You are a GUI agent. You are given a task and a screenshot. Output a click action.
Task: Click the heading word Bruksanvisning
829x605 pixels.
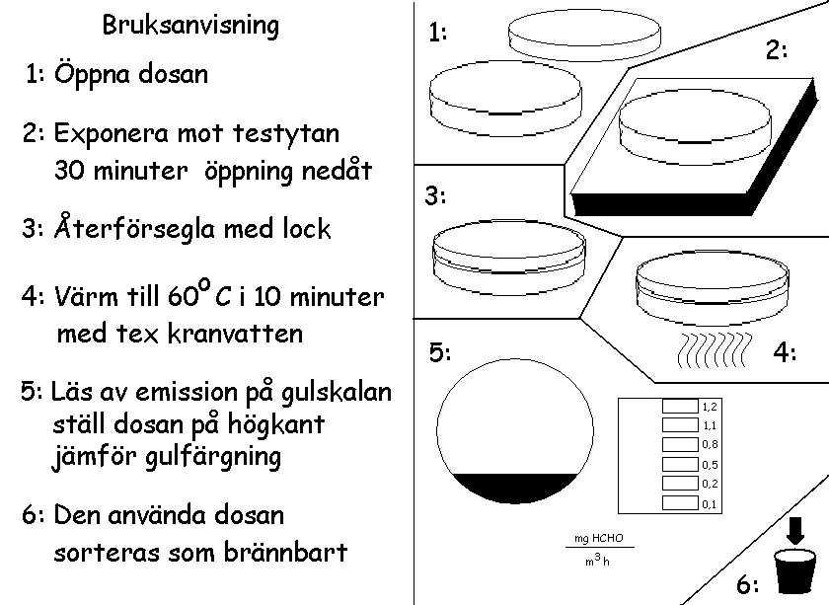[190, 26]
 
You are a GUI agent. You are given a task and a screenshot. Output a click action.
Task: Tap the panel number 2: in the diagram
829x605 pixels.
[778, 50]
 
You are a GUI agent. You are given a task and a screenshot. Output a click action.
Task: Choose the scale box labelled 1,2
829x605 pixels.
[679, 406]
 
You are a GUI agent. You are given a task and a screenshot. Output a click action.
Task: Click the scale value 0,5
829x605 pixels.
[709, 465]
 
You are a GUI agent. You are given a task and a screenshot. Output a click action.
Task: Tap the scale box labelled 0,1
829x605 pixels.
[679, 503]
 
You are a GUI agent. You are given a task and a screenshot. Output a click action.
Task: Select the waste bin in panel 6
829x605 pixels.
[795, 573]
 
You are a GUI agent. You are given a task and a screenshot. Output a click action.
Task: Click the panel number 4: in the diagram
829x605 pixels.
[785, 352]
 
